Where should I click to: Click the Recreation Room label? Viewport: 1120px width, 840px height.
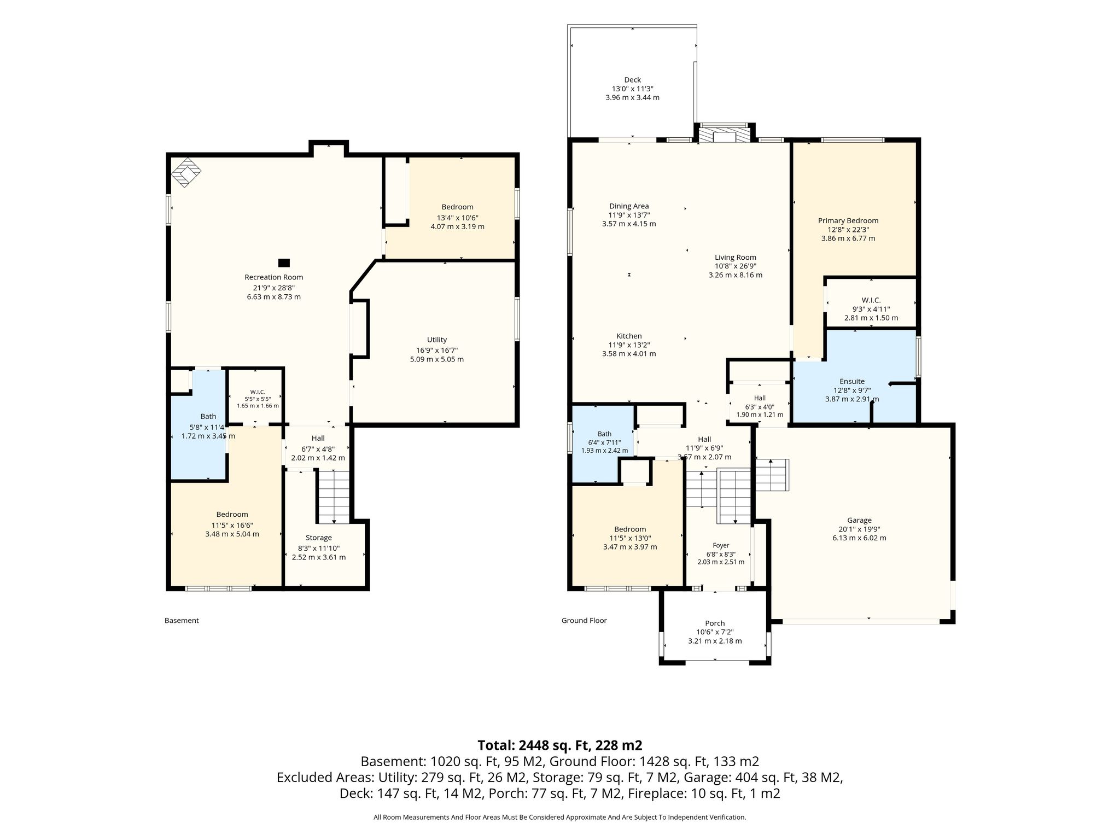[x=273, y=277]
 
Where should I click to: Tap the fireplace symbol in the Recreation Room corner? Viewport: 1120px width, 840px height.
[x=186, y=173]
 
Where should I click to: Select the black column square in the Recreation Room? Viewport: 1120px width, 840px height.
[x=284, y=262]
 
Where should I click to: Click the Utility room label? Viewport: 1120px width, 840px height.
[x=437, y=340]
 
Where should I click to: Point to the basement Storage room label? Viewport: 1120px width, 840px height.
[x=319, y=538]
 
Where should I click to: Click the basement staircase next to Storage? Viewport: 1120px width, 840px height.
[x=334, y=497]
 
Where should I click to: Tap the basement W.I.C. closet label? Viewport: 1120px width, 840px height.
[x=258, y=392]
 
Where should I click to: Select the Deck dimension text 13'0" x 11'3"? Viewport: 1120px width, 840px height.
[x=633, y=89]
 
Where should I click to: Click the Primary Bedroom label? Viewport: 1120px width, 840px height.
[x=848, y=220]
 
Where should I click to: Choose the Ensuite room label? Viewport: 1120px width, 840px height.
[x=852, y=381]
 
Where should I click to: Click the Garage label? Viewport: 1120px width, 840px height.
[x=859, y=520]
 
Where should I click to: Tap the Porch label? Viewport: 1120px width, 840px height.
[x=715, y=623]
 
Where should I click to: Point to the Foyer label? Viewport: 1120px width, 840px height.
[x=721, y=545]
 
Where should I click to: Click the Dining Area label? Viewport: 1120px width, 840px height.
[x=629, y=206]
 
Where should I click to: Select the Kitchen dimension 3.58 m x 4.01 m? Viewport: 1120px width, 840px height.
[x=629, y=354]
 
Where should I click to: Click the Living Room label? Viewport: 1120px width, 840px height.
[x=736, y=257]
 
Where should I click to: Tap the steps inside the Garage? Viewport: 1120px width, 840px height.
[x=772, y=475]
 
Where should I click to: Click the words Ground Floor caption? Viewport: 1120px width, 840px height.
[x=584, y=621]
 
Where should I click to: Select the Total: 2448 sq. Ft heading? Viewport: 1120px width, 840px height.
[x=560, y=745]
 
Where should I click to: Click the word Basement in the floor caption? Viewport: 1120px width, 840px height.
[x=182, y=621]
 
